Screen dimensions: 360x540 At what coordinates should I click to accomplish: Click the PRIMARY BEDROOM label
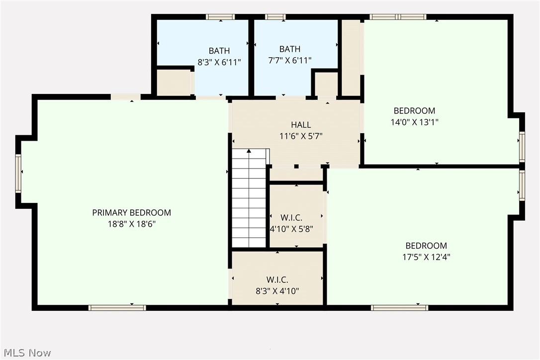(x=131, y=213)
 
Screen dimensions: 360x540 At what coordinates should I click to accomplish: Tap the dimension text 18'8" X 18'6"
(x=131, y=224)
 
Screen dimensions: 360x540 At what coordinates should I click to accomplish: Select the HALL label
(x=301, y=125)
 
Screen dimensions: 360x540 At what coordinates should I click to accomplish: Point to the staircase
(x=249, y=199)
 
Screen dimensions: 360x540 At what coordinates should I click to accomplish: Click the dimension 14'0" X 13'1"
(x=414, y=122)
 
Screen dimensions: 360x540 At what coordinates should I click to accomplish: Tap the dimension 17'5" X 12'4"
(x=426, y=257)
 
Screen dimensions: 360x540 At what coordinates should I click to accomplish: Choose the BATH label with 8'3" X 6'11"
(x=219, y=51)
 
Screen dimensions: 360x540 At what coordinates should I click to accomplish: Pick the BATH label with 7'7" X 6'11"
(x=289, y=49)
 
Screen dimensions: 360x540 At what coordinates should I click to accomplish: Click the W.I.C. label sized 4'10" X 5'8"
(x=291, y=218)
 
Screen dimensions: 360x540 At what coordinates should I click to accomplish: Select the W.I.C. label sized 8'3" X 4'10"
(x=277, y=280)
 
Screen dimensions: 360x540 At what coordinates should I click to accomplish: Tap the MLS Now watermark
(x=26, y=353)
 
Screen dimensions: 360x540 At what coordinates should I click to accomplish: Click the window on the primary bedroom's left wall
(x=18, y=173)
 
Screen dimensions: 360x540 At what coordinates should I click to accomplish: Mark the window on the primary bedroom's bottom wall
(x=117, y=308)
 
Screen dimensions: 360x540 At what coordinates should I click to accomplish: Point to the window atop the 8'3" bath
(x=220, y=17)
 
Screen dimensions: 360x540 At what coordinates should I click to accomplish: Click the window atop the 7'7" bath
(x=275, y=17)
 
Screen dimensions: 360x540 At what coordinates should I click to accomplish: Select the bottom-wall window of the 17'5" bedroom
(x=400, y=308)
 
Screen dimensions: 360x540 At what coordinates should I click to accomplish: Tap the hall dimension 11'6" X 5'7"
(x=301, y=136)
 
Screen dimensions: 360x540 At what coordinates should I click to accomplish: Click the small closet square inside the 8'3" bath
(x=174, y=83)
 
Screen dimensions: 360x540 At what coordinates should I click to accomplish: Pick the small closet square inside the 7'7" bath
(x=326, y=84)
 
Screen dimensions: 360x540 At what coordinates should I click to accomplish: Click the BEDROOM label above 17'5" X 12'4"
(x=426, y=246)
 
